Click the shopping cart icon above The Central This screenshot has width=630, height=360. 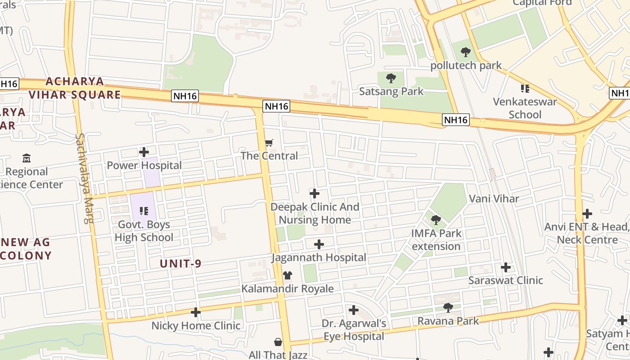tap(269, 143)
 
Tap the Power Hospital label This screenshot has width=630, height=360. tap(144, 165)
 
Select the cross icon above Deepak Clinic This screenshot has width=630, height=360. tap(315, 193)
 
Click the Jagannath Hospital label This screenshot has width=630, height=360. tap(319, 257)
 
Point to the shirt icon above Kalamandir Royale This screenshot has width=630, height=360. tap(287, 275)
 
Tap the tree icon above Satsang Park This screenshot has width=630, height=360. tap(391, 78)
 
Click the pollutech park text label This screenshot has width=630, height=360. tap(466, 66)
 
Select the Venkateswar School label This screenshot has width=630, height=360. tap(525, 108)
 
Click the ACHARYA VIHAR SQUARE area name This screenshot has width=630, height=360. tap(75, 88)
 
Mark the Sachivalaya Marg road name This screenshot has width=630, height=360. tap(85, 178)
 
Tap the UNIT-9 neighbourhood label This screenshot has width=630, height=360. tap(180, 264)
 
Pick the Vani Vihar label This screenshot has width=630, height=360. tap(494, 198)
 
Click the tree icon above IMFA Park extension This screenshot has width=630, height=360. tap(436, 220)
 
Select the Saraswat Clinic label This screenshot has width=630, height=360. tap(505, 280)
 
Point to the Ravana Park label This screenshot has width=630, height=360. tap(448, 321)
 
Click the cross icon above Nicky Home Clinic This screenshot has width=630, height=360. tap(196, 312)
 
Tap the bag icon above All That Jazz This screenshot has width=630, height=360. tap(278, 342)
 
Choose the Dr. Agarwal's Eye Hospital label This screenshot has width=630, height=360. tap(354, 330)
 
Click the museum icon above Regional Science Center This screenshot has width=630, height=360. tap(27, 158)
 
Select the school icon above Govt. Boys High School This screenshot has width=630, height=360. tap(144, 211)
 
